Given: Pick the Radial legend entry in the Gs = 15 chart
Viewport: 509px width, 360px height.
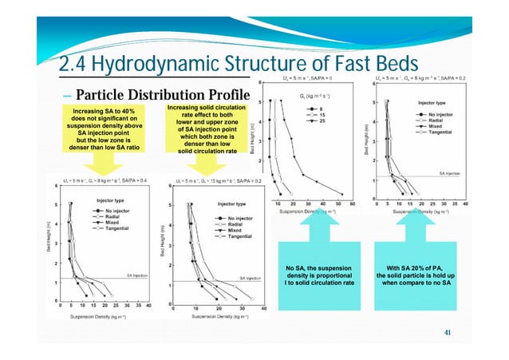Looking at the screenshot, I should point(238,224).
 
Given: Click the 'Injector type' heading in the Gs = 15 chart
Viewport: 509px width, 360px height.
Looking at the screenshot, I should point(233,204).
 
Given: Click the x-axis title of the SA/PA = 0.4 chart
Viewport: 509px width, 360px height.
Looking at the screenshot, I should point(105,317).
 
